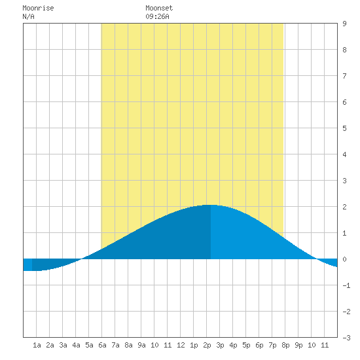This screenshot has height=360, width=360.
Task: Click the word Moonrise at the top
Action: pos(38,8)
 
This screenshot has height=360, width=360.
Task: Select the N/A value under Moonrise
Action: pos(28,16)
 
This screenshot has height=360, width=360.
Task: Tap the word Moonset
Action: pos(159,8)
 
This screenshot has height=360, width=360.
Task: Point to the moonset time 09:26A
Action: pos(158,16)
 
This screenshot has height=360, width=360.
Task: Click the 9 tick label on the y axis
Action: pos(344,24)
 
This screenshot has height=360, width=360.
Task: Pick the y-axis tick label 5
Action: pos(344,128)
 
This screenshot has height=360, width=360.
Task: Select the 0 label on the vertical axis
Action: pos(344,259)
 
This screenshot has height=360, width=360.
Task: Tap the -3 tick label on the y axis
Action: pos(346,338)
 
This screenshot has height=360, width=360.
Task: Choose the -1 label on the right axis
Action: pos(346,285)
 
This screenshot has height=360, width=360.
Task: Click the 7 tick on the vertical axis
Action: pos(344,76)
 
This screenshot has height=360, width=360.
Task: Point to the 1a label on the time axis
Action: pos(37,345)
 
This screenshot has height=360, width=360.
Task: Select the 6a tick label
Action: pos(102,345)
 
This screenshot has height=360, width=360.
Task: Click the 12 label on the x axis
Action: pos(181,345)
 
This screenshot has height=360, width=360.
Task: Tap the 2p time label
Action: pos(207,345)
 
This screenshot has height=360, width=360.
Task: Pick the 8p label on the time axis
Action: pos(285,345)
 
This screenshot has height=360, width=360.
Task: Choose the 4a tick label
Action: pos(76,345)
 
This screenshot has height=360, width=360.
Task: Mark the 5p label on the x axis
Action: pos(246,345)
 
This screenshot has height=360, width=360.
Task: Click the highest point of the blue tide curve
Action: pos(209,205)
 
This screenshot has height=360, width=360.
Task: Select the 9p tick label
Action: pos(298,345)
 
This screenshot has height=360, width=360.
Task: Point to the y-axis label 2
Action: pos(344,207)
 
